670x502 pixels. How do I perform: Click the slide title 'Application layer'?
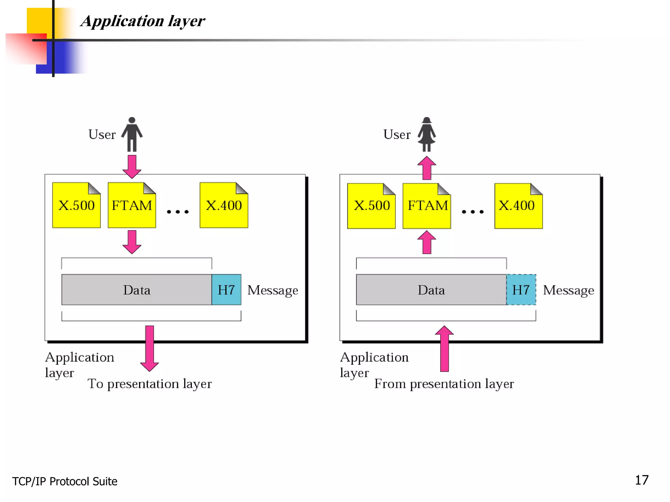143,21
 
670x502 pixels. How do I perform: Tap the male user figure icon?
132,134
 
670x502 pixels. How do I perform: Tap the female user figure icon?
427,134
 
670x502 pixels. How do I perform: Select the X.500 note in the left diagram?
76,205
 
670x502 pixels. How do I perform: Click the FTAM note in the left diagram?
132,205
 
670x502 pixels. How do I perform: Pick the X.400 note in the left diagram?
224,205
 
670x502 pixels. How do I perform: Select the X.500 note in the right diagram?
371,206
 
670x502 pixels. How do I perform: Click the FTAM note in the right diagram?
427,206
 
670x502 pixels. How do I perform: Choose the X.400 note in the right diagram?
519,206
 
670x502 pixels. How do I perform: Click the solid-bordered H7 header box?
226,290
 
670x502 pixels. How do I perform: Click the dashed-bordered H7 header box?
521,290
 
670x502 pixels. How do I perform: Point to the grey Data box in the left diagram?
137,290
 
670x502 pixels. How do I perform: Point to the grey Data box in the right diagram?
431,290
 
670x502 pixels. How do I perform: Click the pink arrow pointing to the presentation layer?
150,348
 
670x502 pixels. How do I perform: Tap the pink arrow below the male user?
132,166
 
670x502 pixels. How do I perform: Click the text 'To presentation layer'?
150,384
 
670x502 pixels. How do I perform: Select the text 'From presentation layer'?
444,384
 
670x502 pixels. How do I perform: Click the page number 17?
642,480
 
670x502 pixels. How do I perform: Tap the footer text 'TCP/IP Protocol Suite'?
65,481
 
